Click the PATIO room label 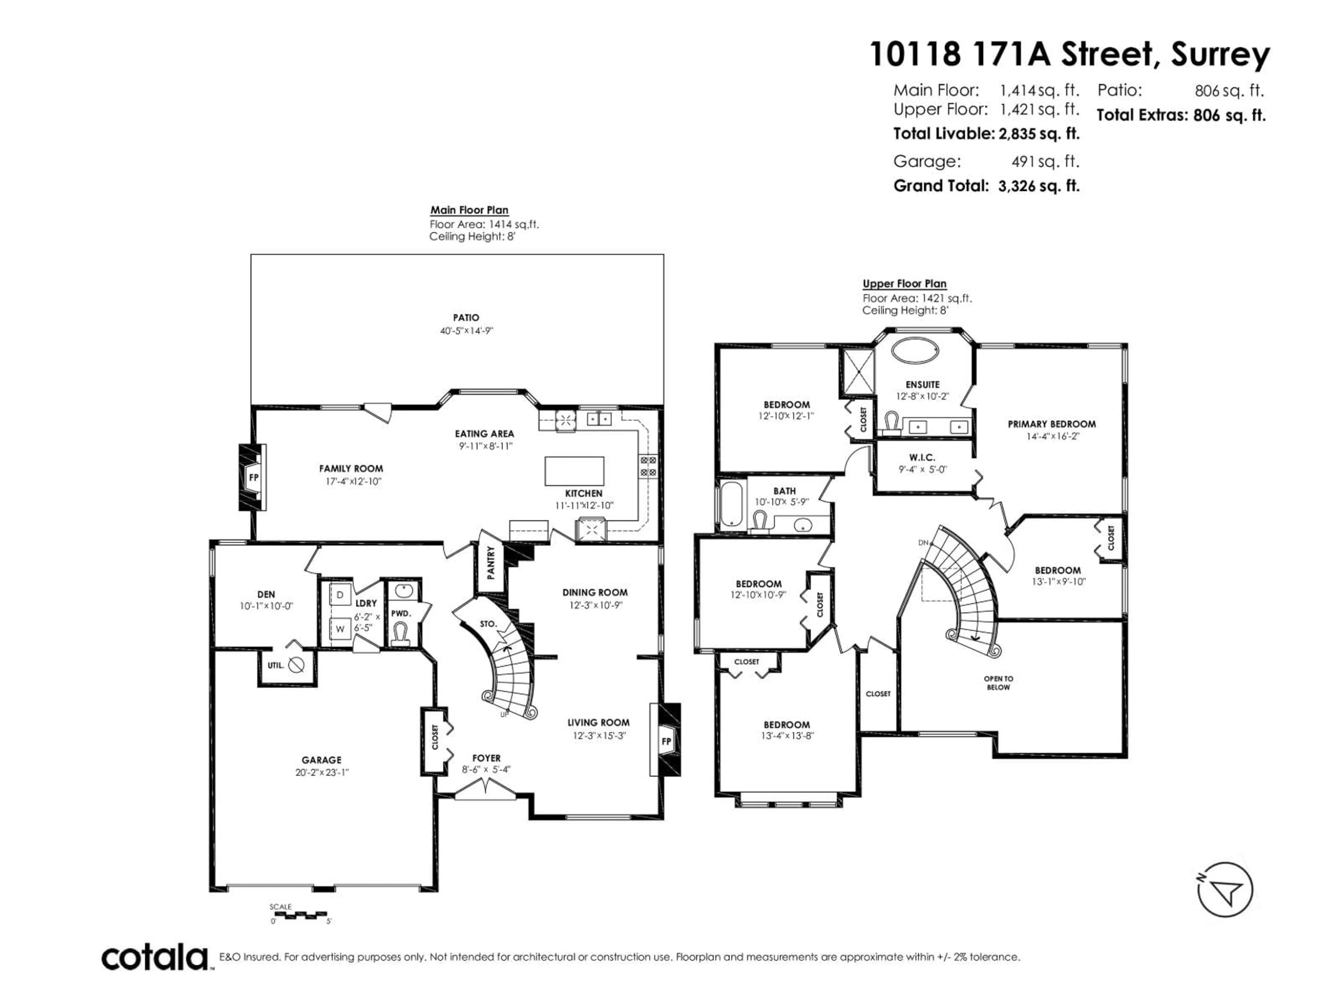click(466, 318)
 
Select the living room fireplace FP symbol click(666, 742)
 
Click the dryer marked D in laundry click(340, 595)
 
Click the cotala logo click(155, 958)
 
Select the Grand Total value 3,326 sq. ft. click(1038, 186)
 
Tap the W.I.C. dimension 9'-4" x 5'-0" click(922, 469)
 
